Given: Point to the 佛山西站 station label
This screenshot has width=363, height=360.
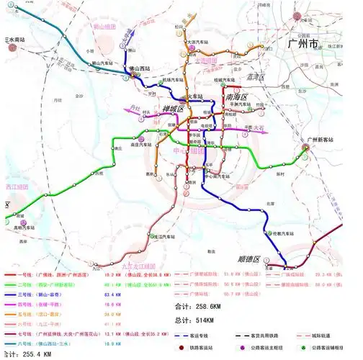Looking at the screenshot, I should click(x=140, y=69).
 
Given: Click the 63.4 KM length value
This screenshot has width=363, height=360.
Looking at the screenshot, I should click(x=132, y=294).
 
